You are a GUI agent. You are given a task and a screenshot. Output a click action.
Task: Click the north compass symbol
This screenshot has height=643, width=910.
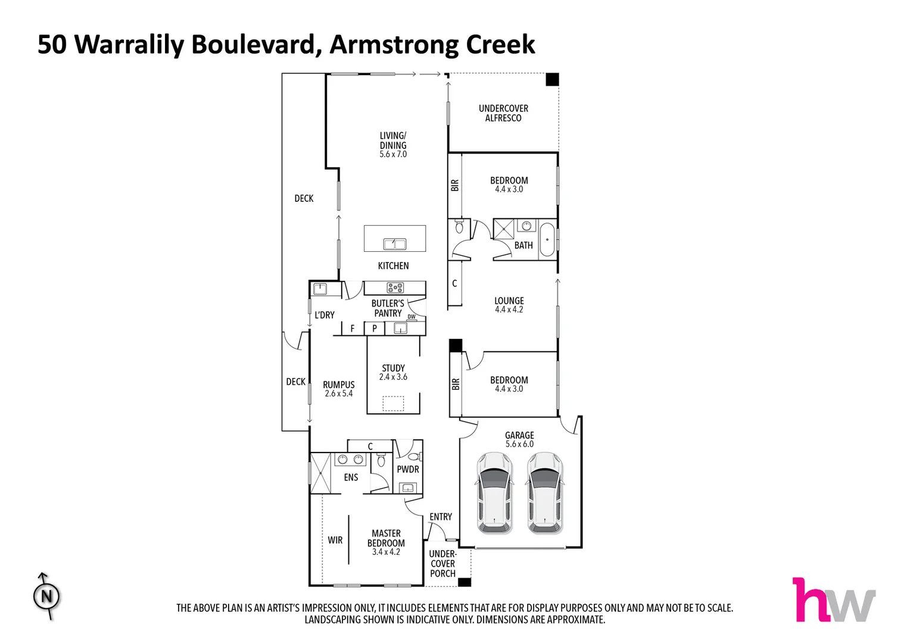pos(46,596)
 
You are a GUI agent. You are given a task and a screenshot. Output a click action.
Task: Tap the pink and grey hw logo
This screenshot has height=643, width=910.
pos(833,600)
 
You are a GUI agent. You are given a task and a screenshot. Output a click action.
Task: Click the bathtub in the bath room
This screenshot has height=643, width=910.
pos(547,239)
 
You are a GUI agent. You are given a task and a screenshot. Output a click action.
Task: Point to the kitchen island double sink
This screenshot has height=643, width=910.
pos(394,244)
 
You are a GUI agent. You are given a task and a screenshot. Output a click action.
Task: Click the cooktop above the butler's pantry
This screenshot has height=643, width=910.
pos(395,288)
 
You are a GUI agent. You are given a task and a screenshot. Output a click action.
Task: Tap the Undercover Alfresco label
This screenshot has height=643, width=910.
pos(503,113)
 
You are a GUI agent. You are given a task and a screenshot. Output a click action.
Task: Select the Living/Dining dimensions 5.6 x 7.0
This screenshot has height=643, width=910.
pos(393,154)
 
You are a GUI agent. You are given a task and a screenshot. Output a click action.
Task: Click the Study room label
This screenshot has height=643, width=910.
pos(393,368)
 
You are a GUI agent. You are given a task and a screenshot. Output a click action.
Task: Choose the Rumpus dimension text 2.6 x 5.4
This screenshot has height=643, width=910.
pos(339,394)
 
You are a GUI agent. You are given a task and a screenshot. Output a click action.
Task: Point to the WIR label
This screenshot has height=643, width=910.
pos(335,540)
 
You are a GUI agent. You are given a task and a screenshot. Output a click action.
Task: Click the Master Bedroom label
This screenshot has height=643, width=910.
pos(386,538)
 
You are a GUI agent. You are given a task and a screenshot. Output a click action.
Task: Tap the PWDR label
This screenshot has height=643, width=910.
pos(408,469)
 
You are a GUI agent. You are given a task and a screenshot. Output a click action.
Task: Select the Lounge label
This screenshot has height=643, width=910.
pos(509,301)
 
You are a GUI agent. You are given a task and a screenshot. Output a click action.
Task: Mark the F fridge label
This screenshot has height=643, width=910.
pos(353,329)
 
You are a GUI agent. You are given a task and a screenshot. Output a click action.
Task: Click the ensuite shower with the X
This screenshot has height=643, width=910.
pos(320,473)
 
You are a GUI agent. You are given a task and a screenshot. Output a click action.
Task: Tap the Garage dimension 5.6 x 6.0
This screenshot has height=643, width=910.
pos(519,444)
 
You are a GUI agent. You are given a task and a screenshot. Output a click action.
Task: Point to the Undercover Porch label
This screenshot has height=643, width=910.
pos(442,564)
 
